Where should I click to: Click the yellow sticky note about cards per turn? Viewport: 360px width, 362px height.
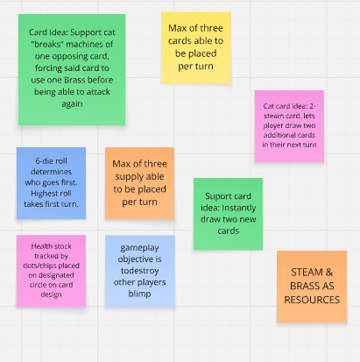196,48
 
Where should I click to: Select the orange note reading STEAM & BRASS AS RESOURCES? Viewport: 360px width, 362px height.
312,287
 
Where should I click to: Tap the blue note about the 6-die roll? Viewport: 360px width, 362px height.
51,183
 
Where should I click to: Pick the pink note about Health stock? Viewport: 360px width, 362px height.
51,271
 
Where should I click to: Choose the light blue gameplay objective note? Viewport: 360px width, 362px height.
140,271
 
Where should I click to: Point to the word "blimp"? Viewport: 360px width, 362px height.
139,294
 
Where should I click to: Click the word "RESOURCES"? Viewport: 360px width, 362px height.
312,300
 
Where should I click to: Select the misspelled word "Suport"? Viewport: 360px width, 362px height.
215,196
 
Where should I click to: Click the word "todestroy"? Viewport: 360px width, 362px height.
140,271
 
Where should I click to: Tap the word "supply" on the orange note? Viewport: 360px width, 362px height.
127,177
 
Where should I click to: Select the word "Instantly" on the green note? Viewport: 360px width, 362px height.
238,208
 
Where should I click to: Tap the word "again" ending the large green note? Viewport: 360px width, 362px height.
72,104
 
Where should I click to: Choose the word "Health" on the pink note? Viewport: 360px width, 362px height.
41,246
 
